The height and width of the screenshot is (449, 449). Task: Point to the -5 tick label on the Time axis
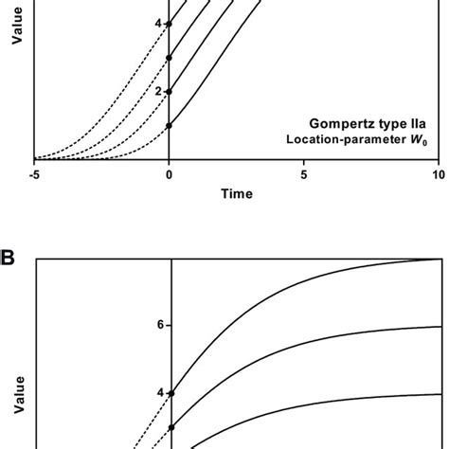coord(34,175)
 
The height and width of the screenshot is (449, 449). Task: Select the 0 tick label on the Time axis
coord(169,175)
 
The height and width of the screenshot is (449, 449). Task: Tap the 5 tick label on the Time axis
coord(304,175)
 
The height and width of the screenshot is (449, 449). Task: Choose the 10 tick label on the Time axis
coord(438,175)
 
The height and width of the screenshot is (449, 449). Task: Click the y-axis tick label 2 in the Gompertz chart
coord(158,92)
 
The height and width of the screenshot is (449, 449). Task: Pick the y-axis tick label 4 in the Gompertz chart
coord(158,24)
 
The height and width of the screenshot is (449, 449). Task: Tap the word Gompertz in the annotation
coord(342,123)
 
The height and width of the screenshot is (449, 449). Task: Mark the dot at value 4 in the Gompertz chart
coord(169,24)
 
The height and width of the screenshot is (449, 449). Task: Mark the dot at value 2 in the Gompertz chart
coord(169,92)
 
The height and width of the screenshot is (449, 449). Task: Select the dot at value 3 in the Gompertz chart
coord(169,58)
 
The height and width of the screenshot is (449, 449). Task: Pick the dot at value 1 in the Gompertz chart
coord(169,125)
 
